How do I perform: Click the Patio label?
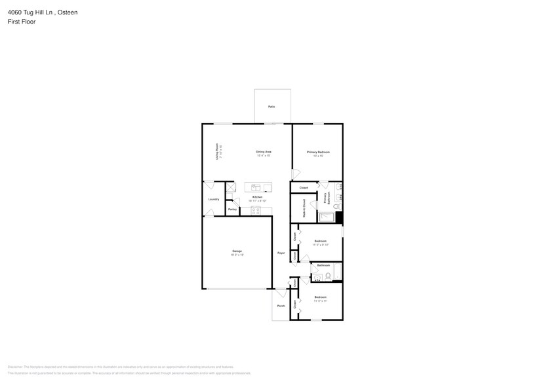[x=272, y=106]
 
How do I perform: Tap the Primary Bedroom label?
[x=318, y=152]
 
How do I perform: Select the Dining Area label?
[x=264, y=152]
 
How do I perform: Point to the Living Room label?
[x=218, y=152]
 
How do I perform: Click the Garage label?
[x=237, y=251]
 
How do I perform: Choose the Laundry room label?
[x=214, y=199]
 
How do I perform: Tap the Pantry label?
[x=232, y=210]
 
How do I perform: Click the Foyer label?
[x=281, y=252]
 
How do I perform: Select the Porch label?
[x=281, y=306]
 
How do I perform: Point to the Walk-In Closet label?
[x=304, y=209]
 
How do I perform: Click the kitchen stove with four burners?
[x=255, y=210]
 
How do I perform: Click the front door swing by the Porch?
[x=281, y=293]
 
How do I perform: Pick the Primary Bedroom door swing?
[x=296, y=174]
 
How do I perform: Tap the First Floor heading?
[x=22, y=22]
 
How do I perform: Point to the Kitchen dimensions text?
[x=258, y=201]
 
